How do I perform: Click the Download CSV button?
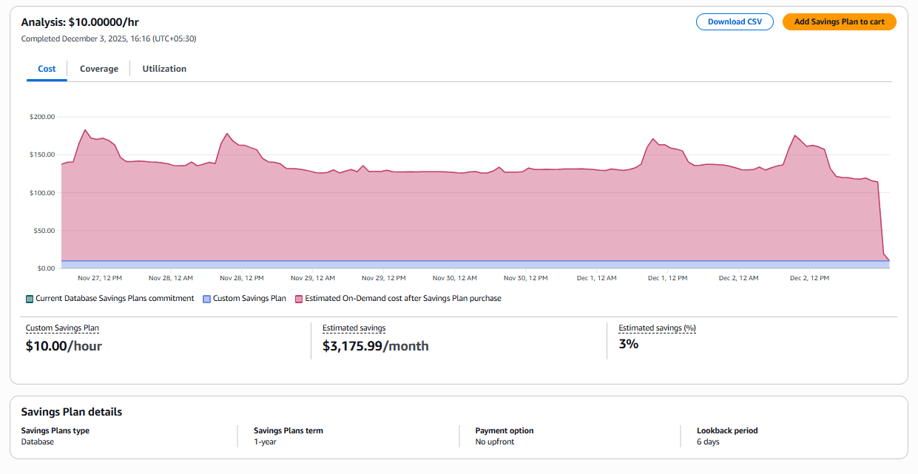click(x=734, y=22)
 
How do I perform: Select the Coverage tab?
click(x=99, y=69)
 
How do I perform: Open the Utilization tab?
click(x=164, y=69)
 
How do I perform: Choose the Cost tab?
click(x=47, y=69)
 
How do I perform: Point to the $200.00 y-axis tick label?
click(x=42, y=117)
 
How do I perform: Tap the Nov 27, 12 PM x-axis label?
click(x=100, y=278)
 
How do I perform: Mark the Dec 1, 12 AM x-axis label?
click(x=596, y=278)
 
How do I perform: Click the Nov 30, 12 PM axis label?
click(x=525, y=278)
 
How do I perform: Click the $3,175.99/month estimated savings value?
click(x=375, y=346)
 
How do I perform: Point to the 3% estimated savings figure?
click(x=628, y=344)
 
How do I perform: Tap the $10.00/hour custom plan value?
click(x=64, y=346)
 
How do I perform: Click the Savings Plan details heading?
click(x=72, y=412)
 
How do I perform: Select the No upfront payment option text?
click(x=494, y=441)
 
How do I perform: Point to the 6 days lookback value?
click(x=708, y=441)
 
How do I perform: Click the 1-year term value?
click(x=266, y=441)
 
